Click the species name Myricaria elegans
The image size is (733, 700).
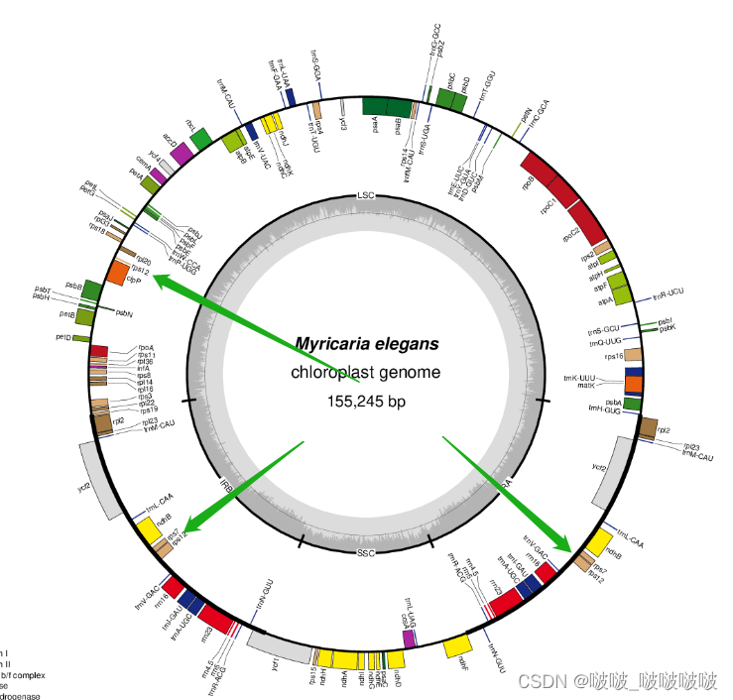click(366, 344)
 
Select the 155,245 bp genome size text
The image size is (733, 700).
click(366, 402)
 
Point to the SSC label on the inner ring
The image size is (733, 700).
click(366, 551)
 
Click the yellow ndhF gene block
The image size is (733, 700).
click(457, 646)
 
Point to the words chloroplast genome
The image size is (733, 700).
click(366, 373)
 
